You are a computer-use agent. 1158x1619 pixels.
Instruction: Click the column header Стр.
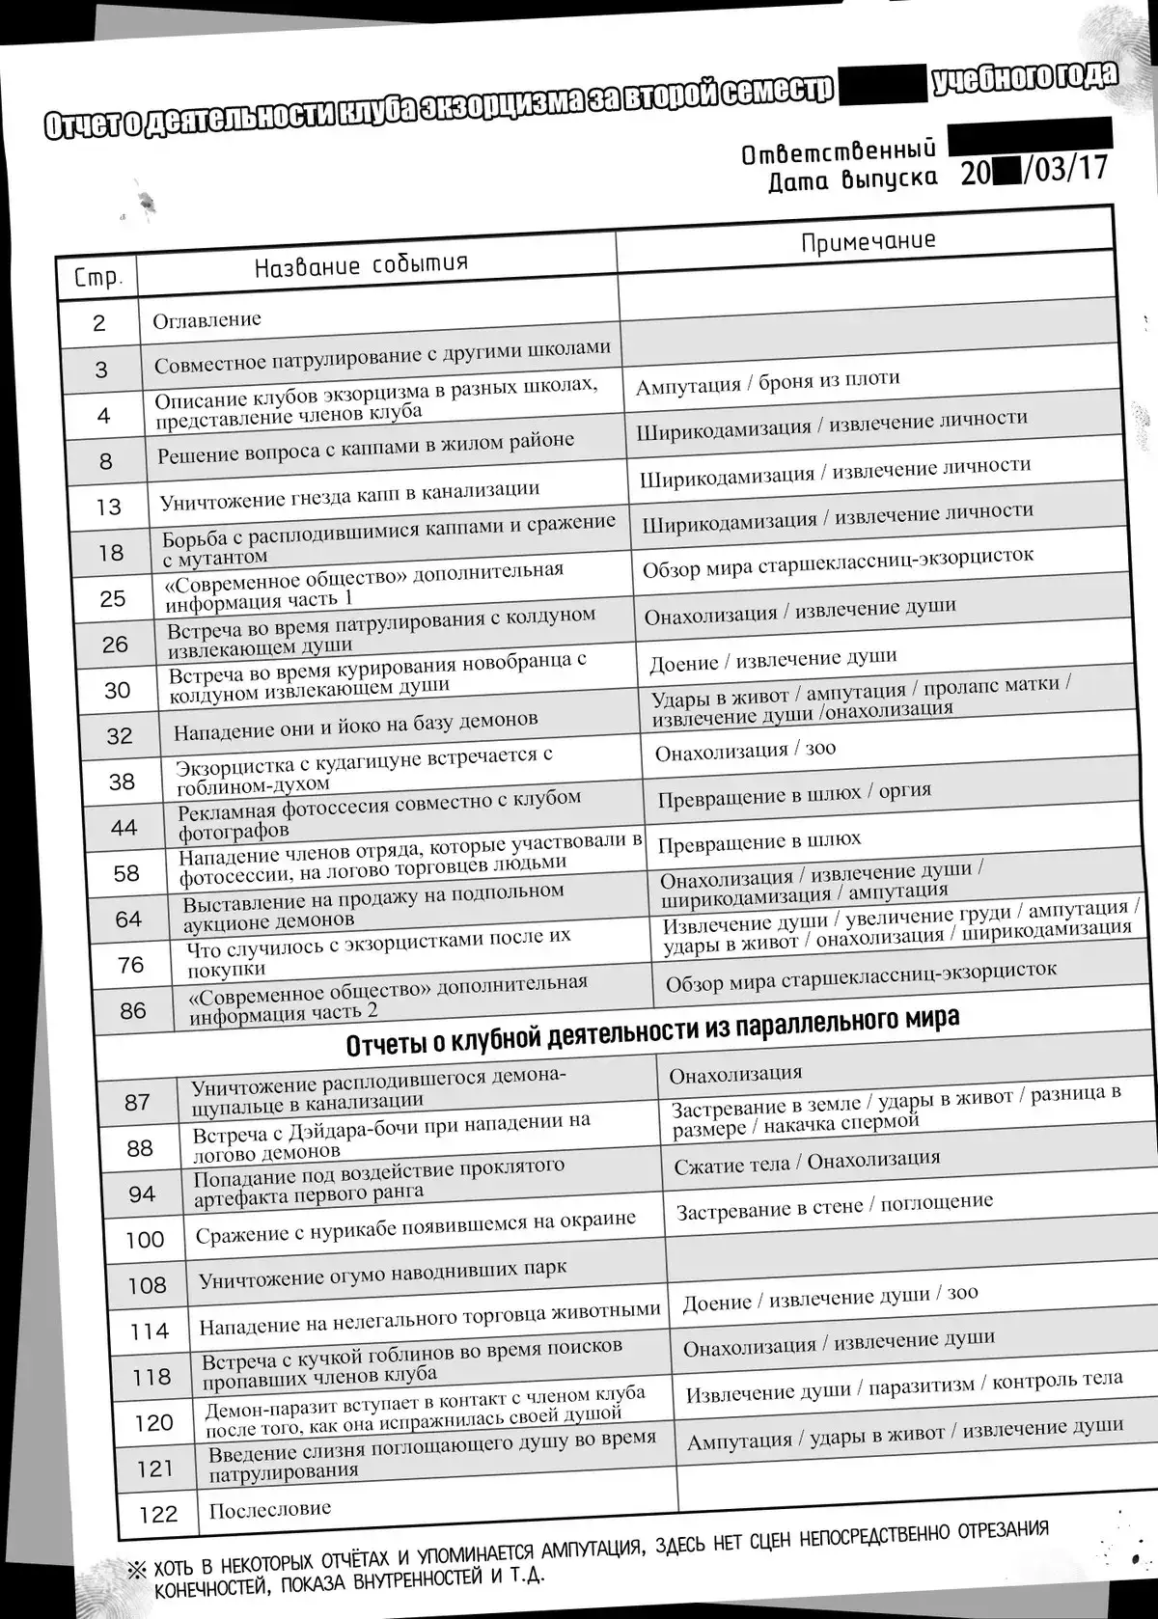point(97,278)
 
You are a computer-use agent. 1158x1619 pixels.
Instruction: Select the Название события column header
point(362,264)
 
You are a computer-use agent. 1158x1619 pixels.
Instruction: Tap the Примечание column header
point(868,240)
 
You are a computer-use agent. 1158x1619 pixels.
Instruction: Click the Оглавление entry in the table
point(207,319)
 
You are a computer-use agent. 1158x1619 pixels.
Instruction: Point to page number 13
point(108,507)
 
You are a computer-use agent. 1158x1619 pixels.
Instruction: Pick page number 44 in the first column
point(124,827)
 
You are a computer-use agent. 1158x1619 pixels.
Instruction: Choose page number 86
point(133,1010)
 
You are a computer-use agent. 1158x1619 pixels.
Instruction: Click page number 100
point(144,1239)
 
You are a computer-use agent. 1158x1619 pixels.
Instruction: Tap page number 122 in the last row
point(158,1514)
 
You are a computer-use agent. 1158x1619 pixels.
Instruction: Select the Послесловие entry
point(270,1508)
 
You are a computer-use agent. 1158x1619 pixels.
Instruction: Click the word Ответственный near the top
point(839,151)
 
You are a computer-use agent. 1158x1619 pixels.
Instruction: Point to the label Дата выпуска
point(852,179)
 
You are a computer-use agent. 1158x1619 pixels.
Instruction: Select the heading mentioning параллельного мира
point(652,1030)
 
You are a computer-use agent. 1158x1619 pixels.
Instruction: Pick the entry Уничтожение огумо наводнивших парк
point(382,1275)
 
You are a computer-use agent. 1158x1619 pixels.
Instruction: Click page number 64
point(128,919)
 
